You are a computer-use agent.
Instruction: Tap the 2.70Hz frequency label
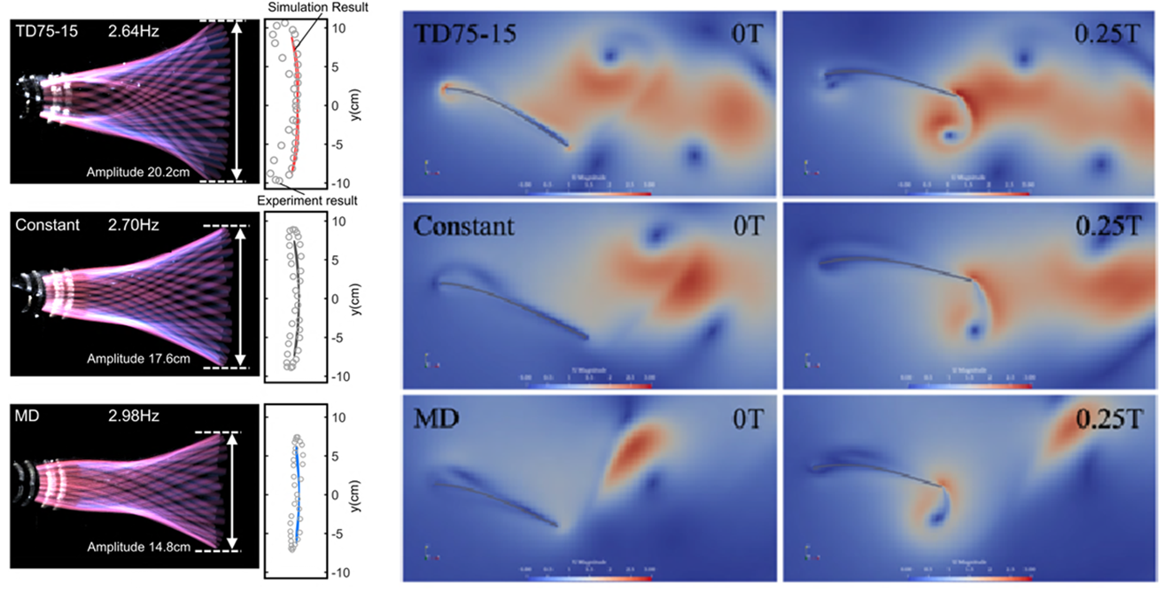[133, 226]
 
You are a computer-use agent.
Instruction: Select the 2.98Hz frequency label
[133, 418]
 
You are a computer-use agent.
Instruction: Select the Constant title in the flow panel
[463, 226]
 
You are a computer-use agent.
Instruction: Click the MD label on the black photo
[28, 418]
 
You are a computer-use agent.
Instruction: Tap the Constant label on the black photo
[47, 226]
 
